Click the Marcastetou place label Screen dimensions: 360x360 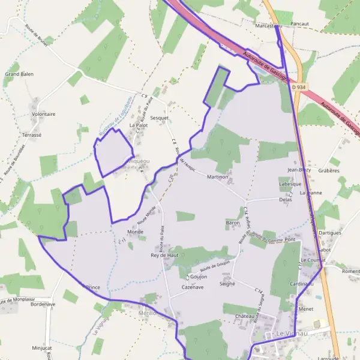(x=268, y=26)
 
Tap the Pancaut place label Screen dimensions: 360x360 (x=299, y=23)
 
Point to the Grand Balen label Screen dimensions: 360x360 (x=19, y=74)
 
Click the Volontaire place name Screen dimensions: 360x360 (x=43, y=113)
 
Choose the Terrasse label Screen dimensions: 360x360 (x=31, y=135)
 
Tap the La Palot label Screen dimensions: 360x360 (x=139, y=125)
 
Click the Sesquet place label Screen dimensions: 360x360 (x=159, y=118)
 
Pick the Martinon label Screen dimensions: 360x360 (x=218, y=177)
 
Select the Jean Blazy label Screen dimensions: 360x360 (x=299, y=170)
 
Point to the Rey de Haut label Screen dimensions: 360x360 (x=164, y=255)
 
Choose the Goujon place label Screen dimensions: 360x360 (x=199, y=277)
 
